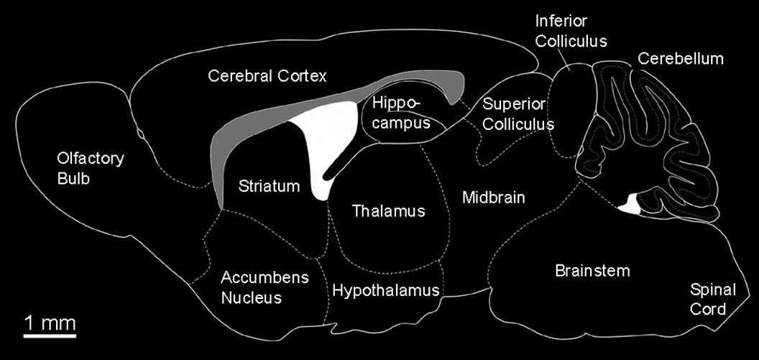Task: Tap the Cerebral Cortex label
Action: (x=267, y=75)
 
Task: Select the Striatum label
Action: (x=268, y=187)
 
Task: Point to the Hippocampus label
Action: (x=401, y=113)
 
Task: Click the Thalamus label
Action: (x=389, y=211)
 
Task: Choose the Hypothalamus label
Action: (x=385, y=291)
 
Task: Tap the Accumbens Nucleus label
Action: (x=254, y=287)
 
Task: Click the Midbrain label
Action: (x=494, y=197)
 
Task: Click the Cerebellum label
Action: (x=680, y=59)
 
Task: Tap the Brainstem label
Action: (x=592, y=271)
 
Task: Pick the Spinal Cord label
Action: (x=713, y=300)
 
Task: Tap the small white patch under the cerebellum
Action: (x=631, y=205)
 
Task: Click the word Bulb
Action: (x=73, y=178)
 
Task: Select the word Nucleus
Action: (x=252, y=297)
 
